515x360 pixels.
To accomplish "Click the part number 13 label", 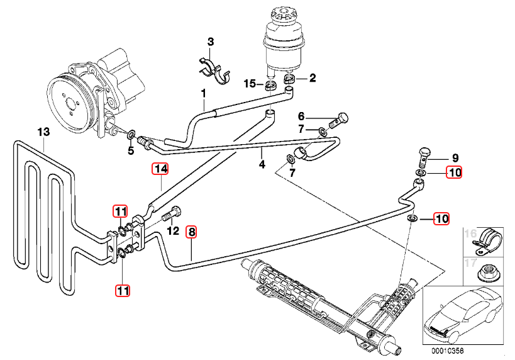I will point(43,132).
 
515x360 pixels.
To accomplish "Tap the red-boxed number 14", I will point(161,169).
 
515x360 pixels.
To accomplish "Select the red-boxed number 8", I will point(192,232).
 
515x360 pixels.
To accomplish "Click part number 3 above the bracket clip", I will point(211,42).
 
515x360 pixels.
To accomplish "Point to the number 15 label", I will point(250,84).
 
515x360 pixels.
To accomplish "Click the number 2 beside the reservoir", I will point(313,79).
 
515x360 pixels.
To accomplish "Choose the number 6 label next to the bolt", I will point(301,116).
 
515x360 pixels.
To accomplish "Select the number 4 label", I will point(262,165).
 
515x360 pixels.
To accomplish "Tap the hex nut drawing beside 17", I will point(486,271).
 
